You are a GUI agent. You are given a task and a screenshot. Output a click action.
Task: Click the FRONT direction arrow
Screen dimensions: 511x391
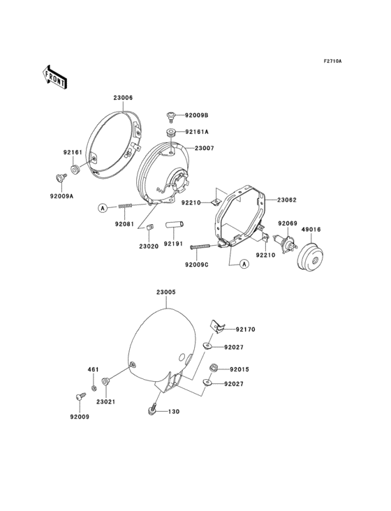click(55, 77)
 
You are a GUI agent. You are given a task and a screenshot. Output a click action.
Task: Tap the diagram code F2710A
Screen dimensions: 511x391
click(332, 61)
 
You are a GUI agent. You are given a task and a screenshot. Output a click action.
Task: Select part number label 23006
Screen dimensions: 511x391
click(123, 98)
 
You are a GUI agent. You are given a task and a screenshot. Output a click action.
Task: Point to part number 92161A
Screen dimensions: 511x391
click(197, 131)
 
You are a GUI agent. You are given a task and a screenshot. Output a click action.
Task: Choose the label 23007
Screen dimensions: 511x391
click(205, 148)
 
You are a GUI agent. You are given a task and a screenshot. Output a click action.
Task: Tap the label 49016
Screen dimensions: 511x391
click(311, 228)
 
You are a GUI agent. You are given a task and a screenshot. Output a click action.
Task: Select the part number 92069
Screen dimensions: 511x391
click(288, 223)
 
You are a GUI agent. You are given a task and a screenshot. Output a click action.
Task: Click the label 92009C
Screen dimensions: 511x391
click(197, 265)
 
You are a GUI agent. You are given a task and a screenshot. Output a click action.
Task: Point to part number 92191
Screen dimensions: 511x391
click(173, 244)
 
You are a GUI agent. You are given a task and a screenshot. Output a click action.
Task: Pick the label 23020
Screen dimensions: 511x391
click(148, 246)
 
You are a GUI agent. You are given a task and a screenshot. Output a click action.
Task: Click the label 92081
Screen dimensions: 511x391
click(124, 225)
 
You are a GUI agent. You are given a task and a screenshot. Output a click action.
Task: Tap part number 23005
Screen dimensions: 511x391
click(165, 292)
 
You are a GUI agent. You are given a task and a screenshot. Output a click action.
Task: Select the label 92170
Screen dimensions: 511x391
click(245, 329)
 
